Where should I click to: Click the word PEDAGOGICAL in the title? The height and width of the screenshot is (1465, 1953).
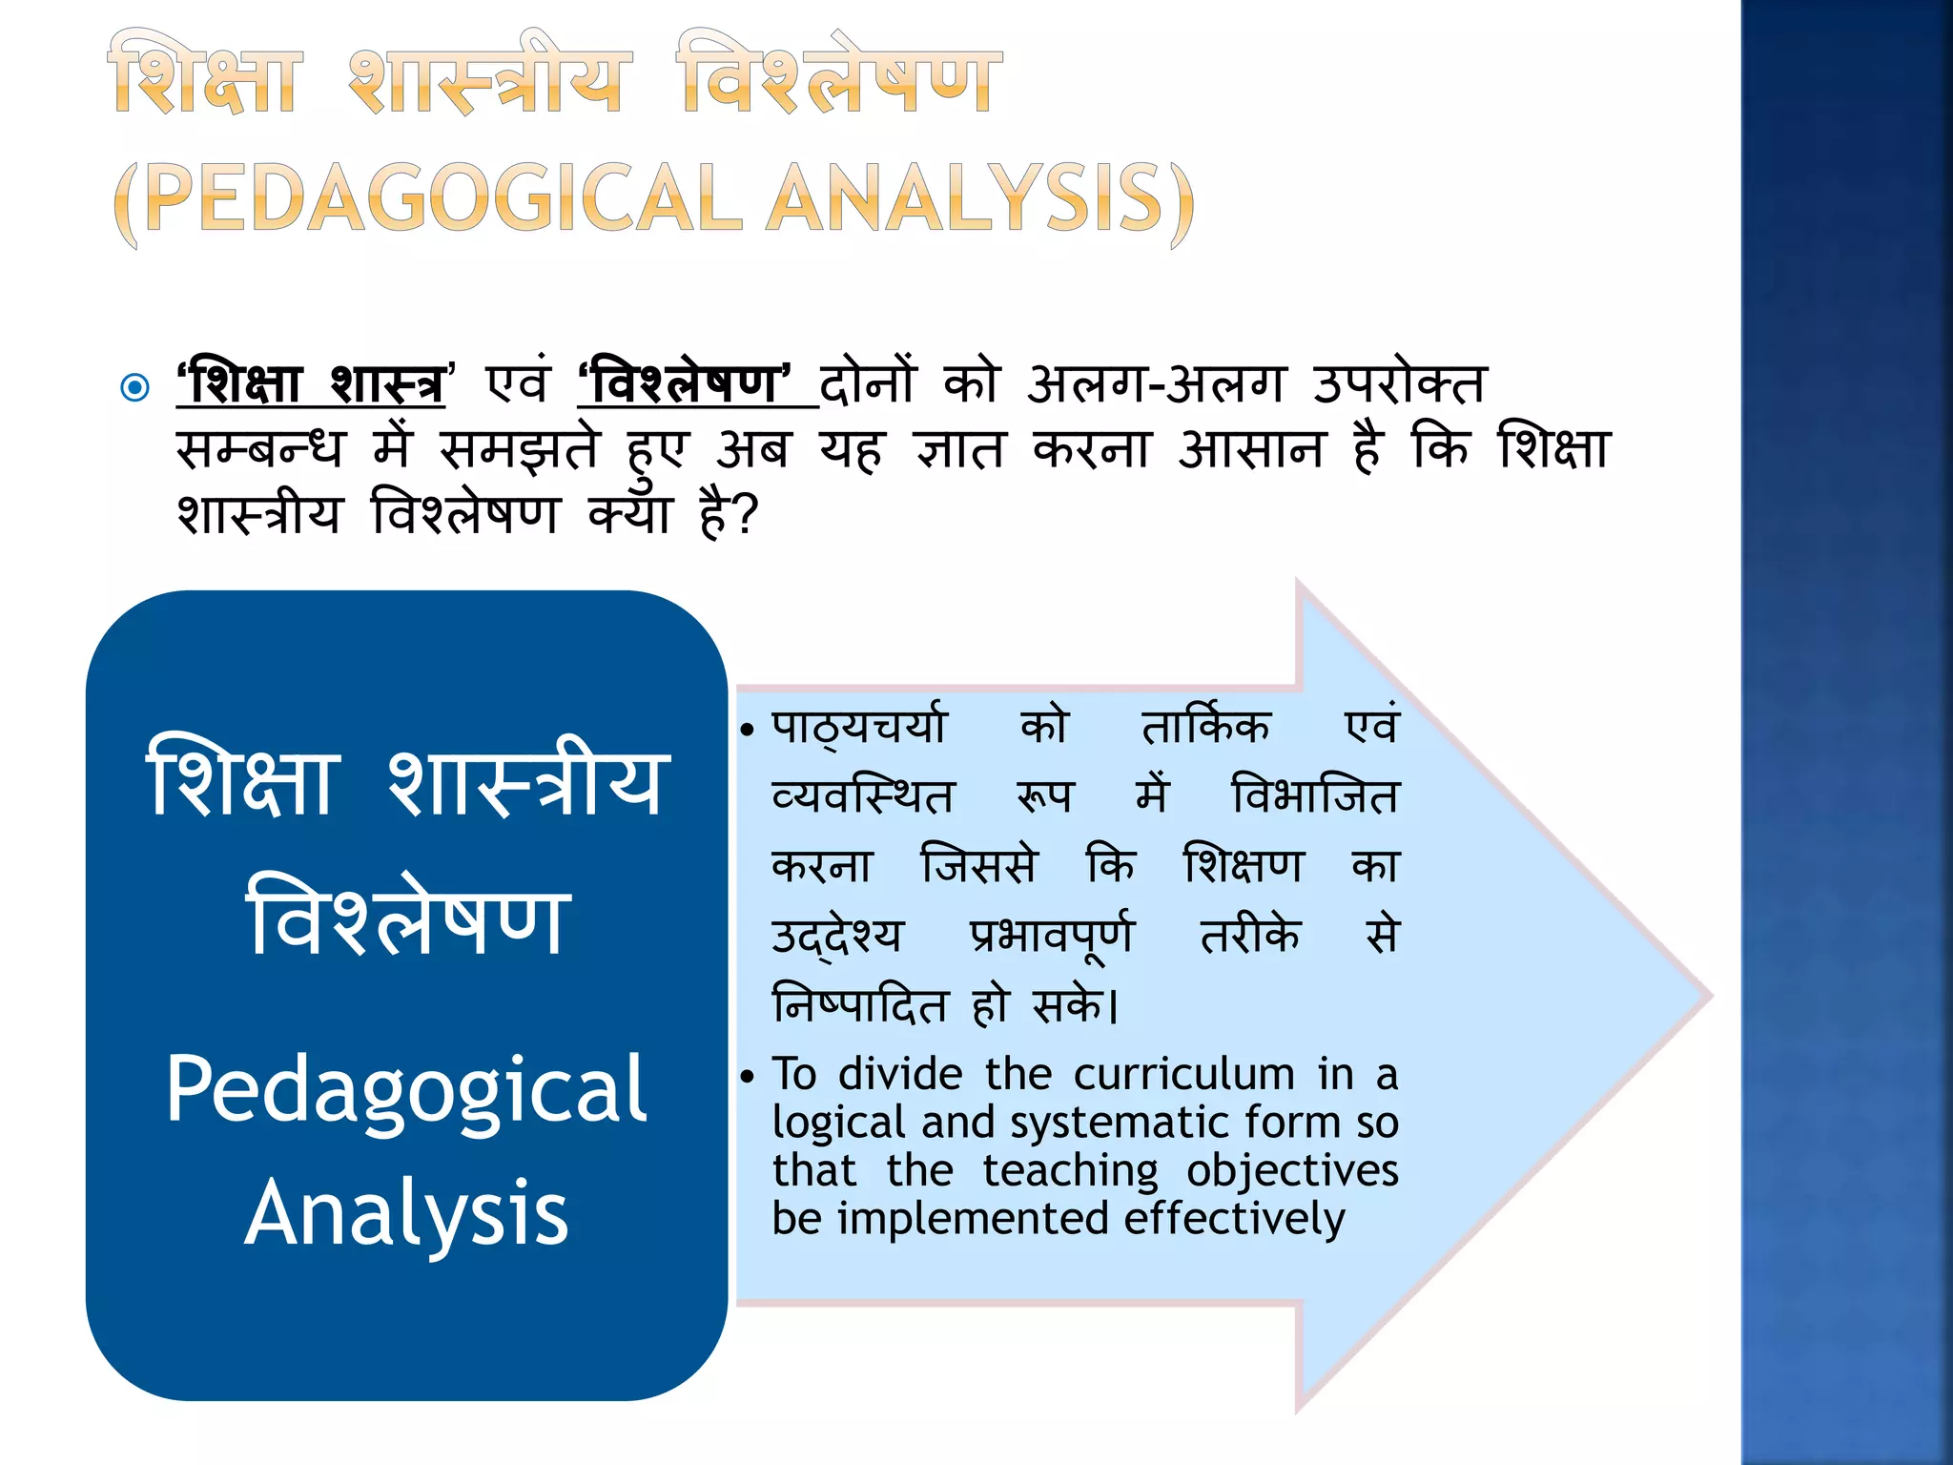pyautogui.click(x=443, y=198)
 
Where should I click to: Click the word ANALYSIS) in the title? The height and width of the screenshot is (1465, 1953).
pyautogui.click(x=982, y=198)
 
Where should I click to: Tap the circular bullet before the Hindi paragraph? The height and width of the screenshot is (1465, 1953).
pyautogui.click(x=136, y=387)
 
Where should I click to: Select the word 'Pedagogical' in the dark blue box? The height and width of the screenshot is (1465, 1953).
pyautogui.click(x=406, y=1090)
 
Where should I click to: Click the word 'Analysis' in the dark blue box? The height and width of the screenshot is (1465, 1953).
pyautogui.click(x=406, y=1212)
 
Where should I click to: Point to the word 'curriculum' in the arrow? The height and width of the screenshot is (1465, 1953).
pyautogui.click(x=1183, y=1075)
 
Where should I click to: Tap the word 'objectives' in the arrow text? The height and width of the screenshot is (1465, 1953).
pyautogui.click(x=1292, y=1171)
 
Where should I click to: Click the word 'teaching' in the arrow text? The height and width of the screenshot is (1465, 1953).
pyautogui.click(x=1070, y=1171)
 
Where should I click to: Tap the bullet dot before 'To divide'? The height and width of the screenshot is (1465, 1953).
pyautogui.click(x=748, y=1077)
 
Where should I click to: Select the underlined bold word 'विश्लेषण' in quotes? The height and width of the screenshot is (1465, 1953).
pyautogui.click(x=686, y=385)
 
